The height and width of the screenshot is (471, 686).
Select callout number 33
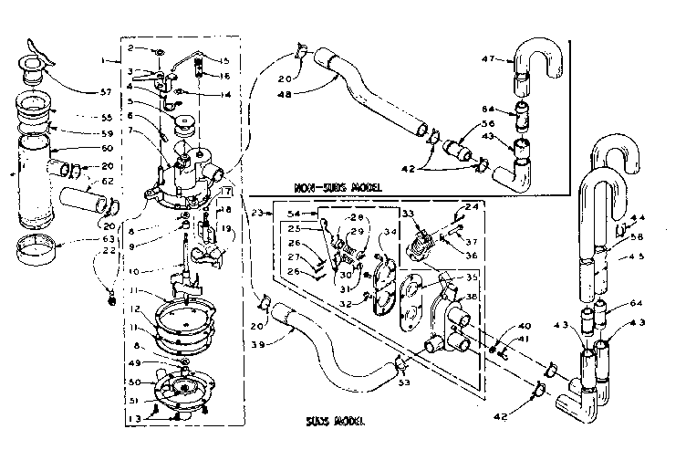pos(409,214)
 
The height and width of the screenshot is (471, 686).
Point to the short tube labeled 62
pos(83,194)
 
